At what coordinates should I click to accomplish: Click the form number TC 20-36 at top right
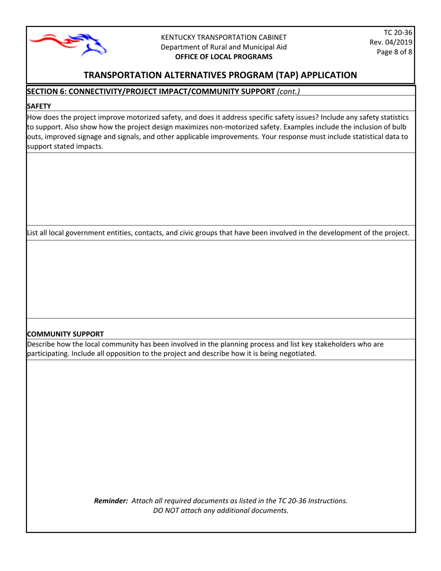[398, 32]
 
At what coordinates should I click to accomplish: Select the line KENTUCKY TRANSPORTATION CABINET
[223, 37]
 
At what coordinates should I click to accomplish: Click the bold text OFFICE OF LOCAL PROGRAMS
[223, 57]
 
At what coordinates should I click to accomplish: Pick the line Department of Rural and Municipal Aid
[223, 47]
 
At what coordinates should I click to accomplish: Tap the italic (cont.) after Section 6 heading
[288, 91]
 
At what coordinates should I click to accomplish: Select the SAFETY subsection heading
[39, 106]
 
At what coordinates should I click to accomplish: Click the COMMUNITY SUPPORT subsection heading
[65, 334]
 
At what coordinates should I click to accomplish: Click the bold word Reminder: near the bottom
[111, 501]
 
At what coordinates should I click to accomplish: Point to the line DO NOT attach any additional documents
[220, 511]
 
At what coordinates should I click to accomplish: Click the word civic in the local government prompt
[188, 233]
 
